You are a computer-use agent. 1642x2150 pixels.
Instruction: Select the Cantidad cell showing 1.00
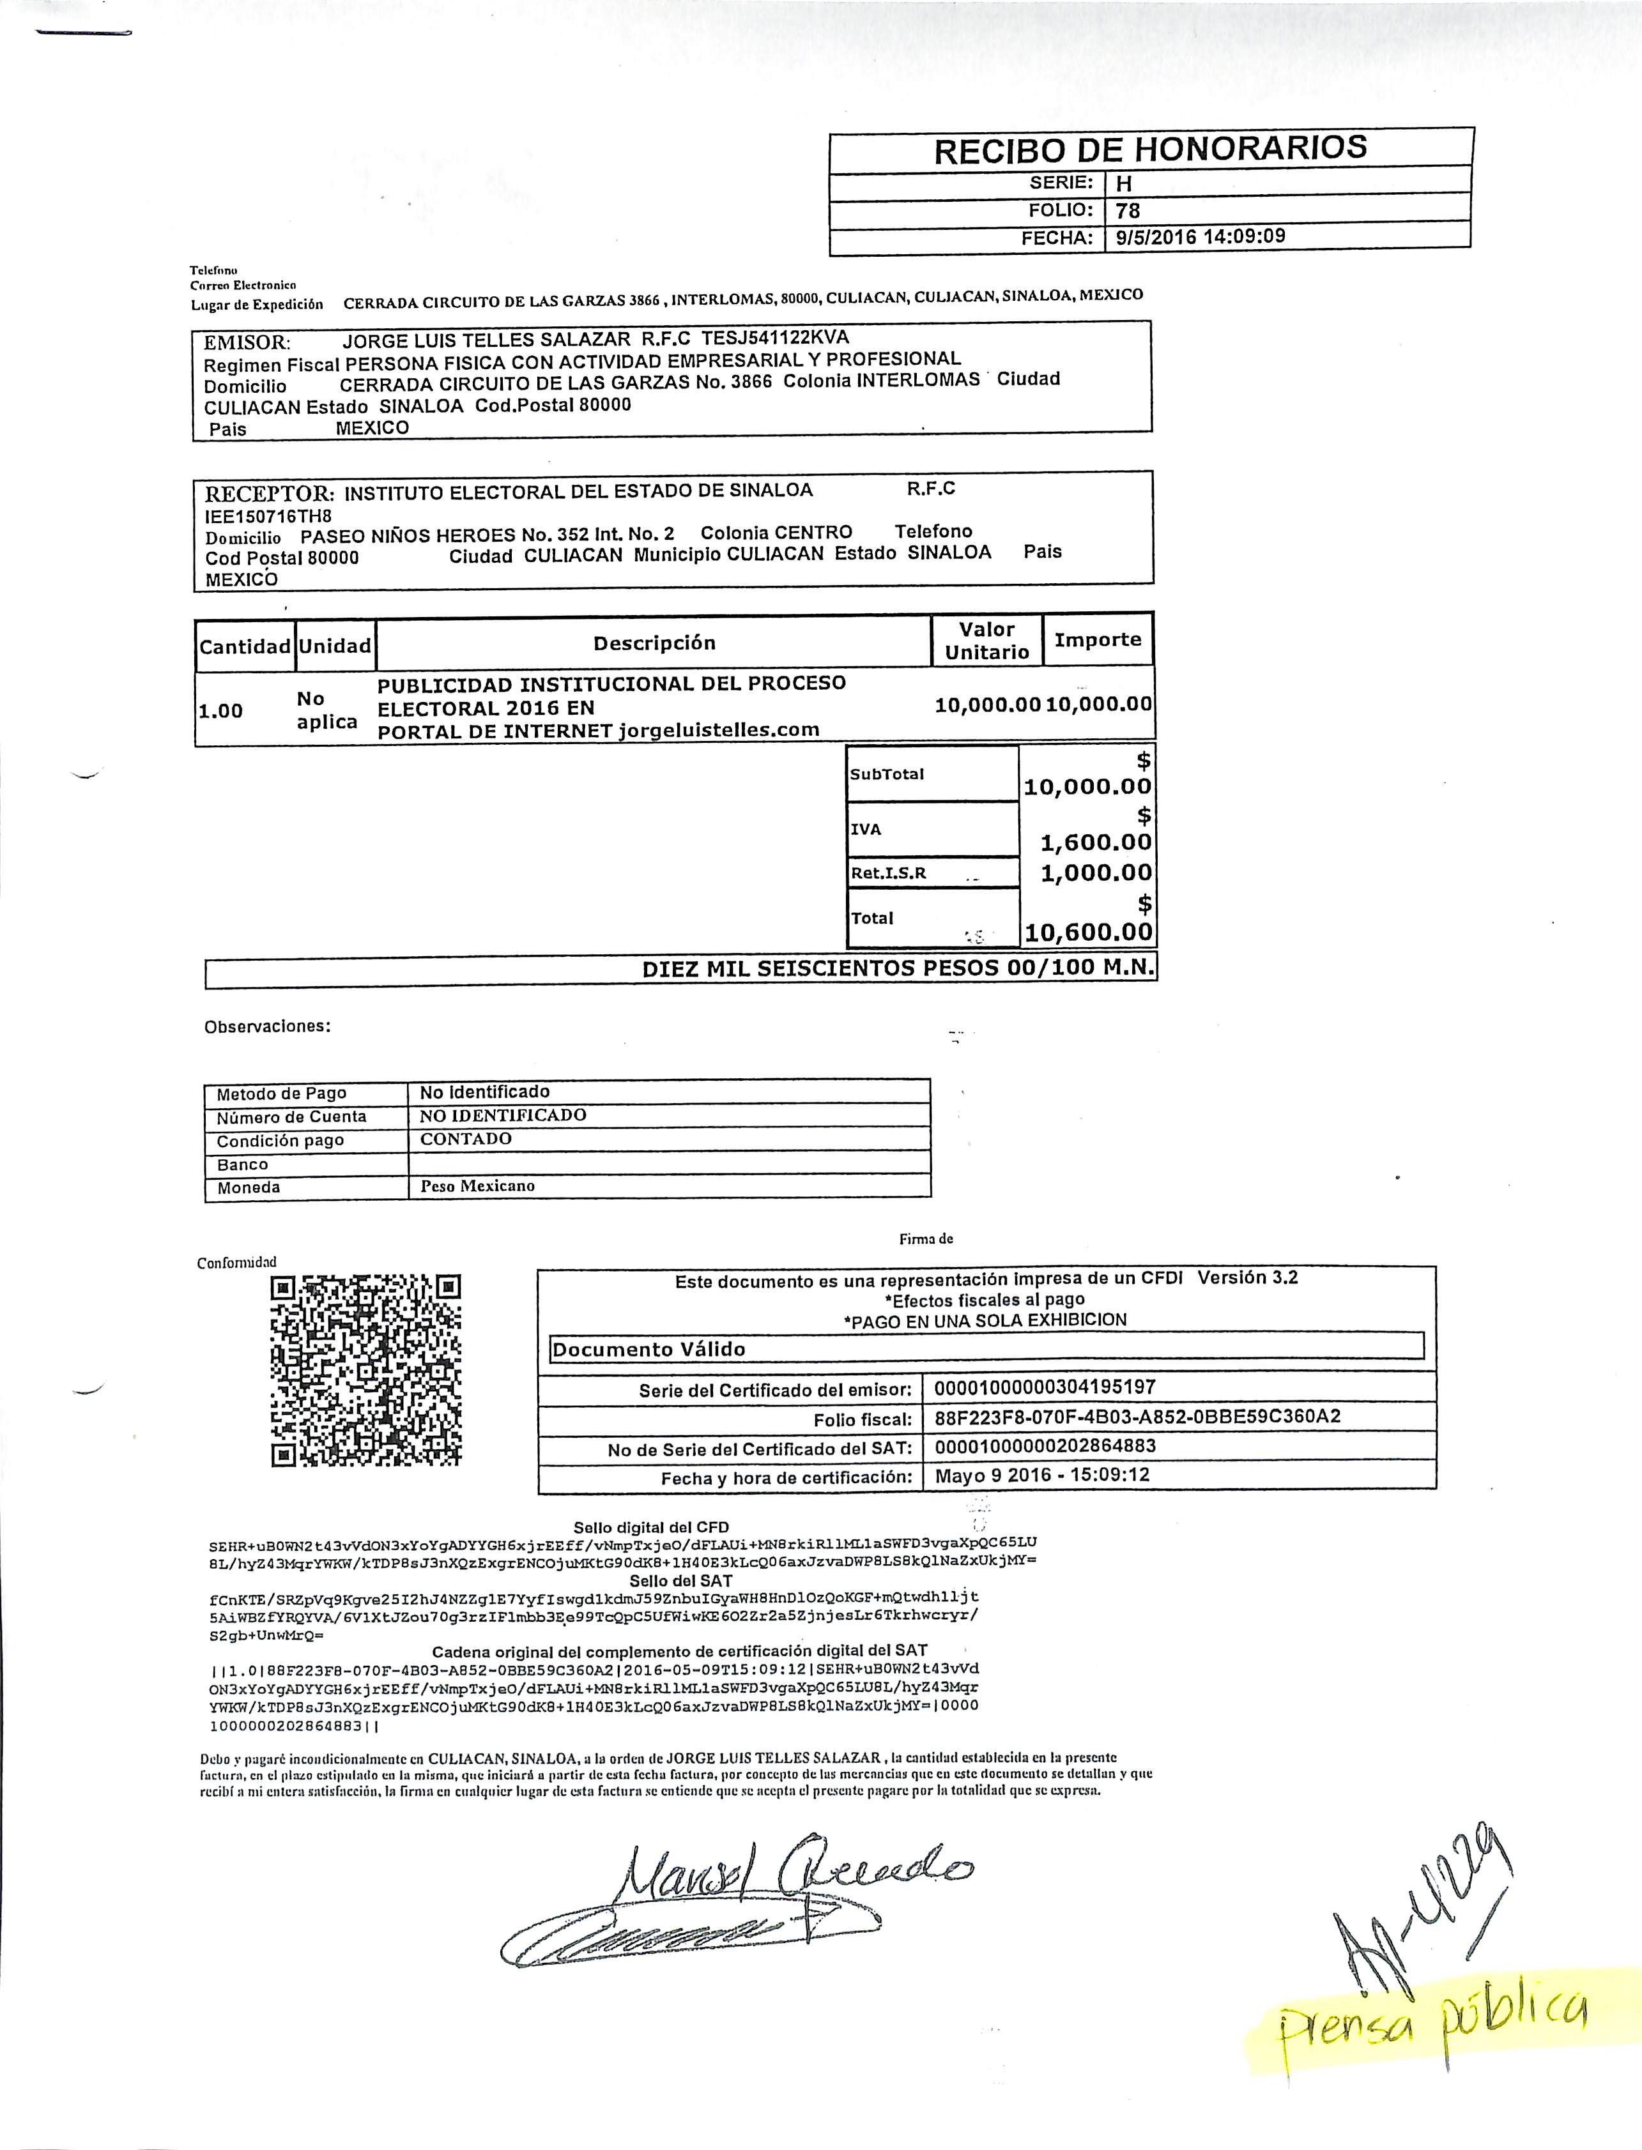pos(221,710)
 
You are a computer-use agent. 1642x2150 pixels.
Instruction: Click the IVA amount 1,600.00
pos(1096,841)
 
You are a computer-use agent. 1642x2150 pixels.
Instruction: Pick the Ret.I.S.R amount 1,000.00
pos(1096,873)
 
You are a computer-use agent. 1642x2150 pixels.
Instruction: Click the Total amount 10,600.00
pos(1088,933)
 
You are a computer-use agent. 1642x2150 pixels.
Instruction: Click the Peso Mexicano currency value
pos(477,1186)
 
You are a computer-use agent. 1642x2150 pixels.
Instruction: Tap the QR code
pos(365,1370)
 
